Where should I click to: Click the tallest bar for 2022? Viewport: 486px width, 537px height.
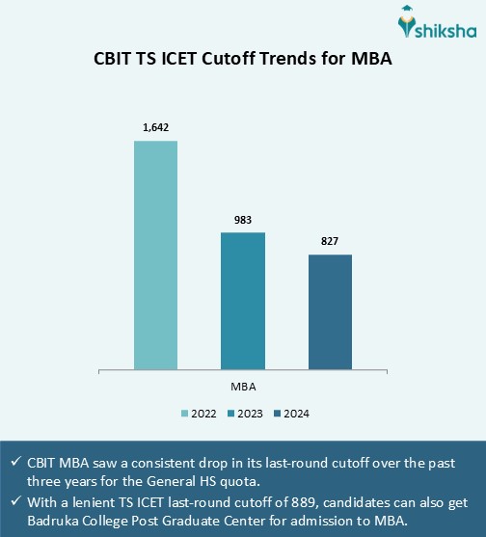[x=155, y=255]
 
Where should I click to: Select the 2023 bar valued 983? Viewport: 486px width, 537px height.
[x=242, y=300]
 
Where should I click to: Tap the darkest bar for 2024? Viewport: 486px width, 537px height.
[x=330, y=311]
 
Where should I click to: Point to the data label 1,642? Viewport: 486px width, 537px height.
[x=155, y=126]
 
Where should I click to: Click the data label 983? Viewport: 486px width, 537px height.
[x=242, y=220]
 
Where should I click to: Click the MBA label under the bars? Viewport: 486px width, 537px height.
[x=243, y=386]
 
